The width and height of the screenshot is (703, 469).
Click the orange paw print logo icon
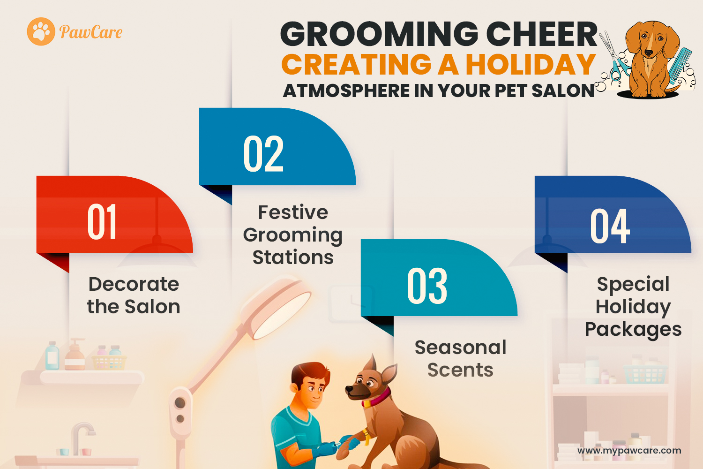(41, 31)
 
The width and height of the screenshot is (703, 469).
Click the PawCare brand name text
(91, 32)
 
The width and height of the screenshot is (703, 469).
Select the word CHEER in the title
(542, 34)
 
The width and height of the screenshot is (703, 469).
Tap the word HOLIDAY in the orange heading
(531, 64)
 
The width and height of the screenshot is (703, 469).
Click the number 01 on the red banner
(102, 222)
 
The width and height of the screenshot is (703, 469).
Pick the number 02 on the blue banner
(263, 154)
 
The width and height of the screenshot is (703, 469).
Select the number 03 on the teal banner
(427, 286)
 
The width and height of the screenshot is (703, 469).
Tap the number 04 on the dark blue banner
(610, 226)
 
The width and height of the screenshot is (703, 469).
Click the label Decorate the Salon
(134, 295)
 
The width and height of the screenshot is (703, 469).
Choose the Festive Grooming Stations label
(293, 235)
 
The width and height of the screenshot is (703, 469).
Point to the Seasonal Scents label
(460, 358)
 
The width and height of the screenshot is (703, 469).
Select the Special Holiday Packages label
(633, 307)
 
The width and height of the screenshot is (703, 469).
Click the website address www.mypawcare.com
(629, 451)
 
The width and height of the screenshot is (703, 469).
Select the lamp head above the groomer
(276, 307)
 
